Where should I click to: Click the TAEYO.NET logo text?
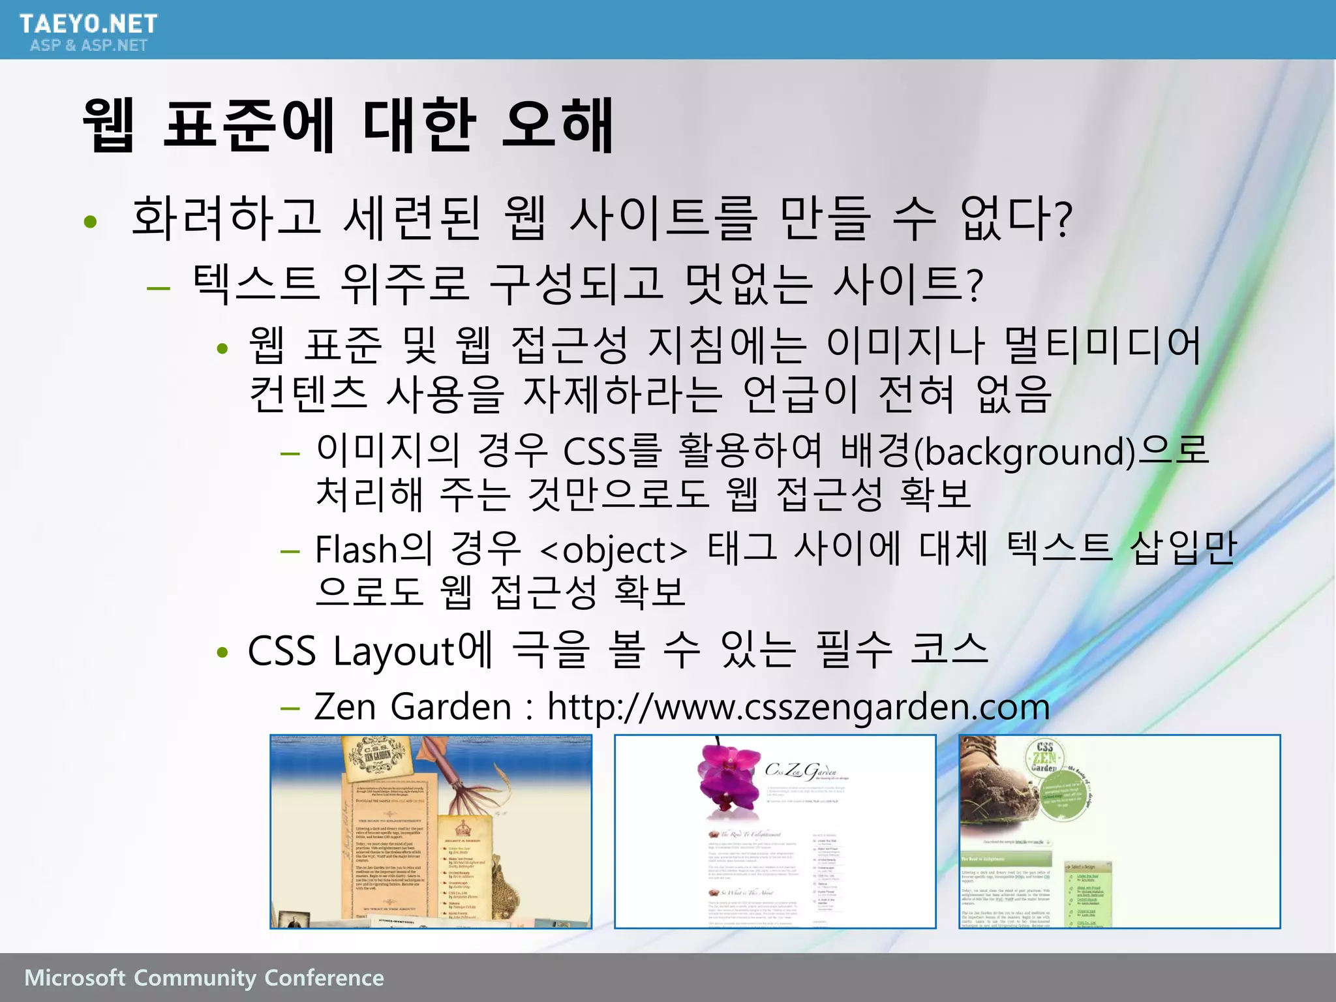[x=88, y=23]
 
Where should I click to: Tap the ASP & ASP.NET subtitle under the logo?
[x=88, y=45]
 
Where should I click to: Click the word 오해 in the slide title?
[x=558, y=125]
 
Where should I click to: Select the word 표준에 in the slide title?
[x=249, y=125]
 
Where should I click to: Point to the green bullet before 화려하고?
[x=91, y=222]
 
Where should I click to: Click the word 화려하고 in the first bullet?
[x=226, y=218]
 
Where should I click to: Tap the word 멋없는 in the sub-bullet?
[x=748, y=284]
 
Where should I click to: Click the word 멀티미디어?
[x=1102, y=345]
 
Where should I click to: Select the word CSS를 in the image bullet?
[x=612, y=451]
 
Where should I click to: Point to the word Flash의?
[x=373, y=549]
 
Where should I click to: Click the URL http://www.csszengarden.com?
[x=798, y=706]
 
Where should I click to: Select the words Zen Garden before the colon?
[x=412, y=706]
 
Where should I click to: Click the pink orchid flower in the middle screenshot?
[x=726, y=776]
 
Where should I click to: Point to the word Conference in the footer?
[x=324, y=978]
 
